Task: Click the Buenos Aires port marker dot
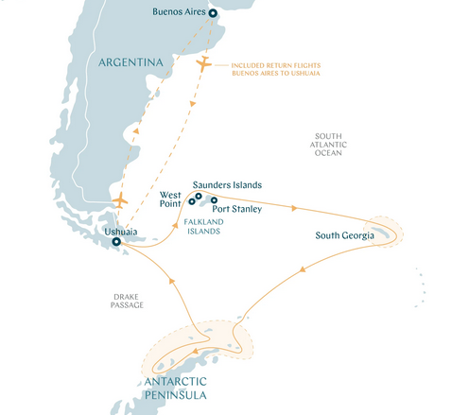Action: (212, 14)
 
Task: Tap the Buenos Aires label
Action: (179, 14)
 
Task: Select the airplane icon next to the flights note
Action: (204, 64)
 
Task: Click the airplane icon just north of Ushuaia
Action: (120, 200)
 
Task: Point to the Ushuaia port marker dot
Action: (116, 242)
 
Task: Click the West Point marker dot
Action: (192, 201)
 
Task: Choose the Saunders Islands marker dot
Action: (200, 196)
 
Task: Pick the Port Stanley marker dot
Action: (215, 200)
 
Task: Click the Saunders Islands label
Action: (226, 184)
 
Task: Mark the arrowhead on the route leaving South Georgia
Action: (304, 268)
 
